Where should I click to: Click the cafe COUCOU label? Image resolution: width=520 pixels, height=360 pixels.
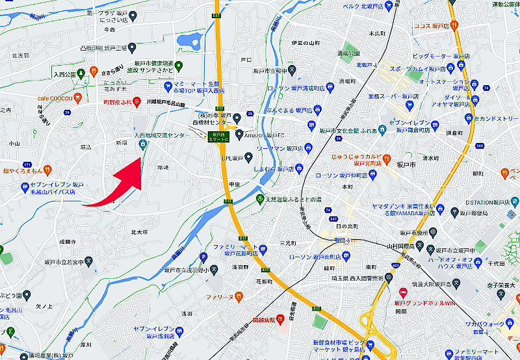(x=53, y=99)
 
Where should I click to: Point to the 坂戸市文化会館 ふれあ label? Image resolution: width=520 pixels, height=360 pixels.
(x=344, y=130)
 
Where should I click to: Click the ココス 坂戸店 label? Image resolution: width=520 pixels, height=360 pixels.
(x=432, y=27)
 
